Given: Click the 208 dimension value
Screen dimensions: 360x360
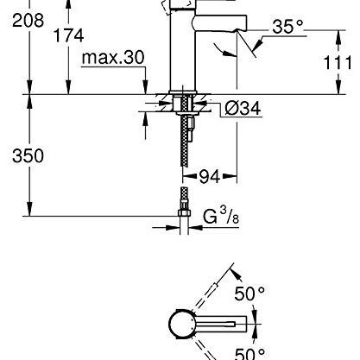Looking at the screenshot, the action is [x=28, y=21].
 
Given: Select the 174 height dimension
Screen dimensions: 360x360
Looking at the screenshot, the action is [x=69, y=35].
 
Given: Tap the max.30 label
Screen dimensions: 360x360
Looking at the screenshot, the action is [x=113, y=57].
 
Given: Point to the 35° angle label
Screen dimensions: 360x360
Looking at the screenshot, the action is [x=287, y=27].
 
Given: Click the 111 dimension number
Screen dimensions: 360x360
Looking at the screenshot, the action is [x=338, y=63].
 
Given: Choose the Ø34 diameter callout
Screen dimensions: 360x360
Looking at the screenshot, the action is [x=243, y=109].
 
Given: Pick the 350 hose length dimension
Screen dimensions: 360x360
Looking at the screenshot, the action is [x=28, y=155].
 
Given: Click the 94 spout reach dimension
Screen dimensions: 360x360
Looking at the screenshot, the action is [x=210, y=176].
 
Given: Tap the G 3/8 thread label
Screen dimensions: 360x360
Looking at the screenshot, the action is [x=221, y=216].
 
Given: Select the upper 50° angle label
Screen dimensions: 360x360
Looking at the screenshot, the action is [x=249, y=294].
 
